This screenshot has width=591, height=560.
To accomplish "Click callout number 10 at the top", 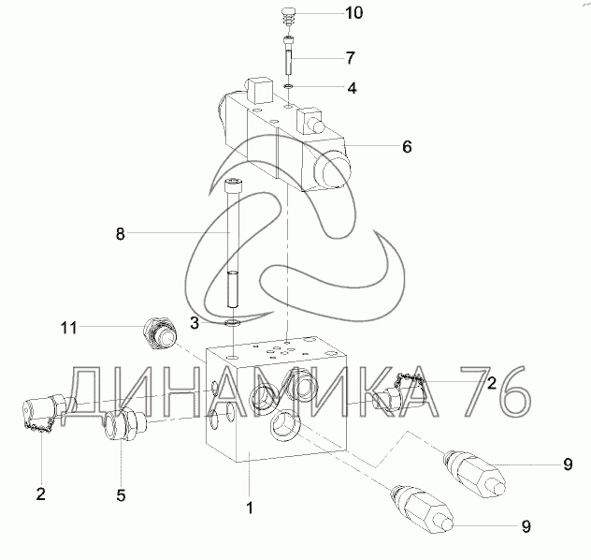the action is [353, 13].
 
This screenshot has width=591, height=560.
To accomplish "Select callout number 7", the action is [351, 58].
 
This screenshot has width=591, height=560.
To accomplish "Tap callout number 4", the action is [352, 88].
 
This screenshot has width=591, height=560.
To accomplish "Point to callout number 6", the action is [407, 147].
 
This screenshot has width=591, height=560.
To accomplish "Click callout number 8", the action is [120, 234].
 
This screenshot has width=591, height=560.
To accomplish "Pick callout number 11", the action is [68, 328].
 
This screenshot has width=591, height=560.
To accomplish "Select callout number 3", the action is [195, 323].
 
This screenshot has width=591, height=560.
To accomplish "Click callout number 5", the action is [121, 495].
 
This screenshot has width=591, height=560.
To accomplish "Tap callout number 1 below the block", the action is [250, 508].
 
